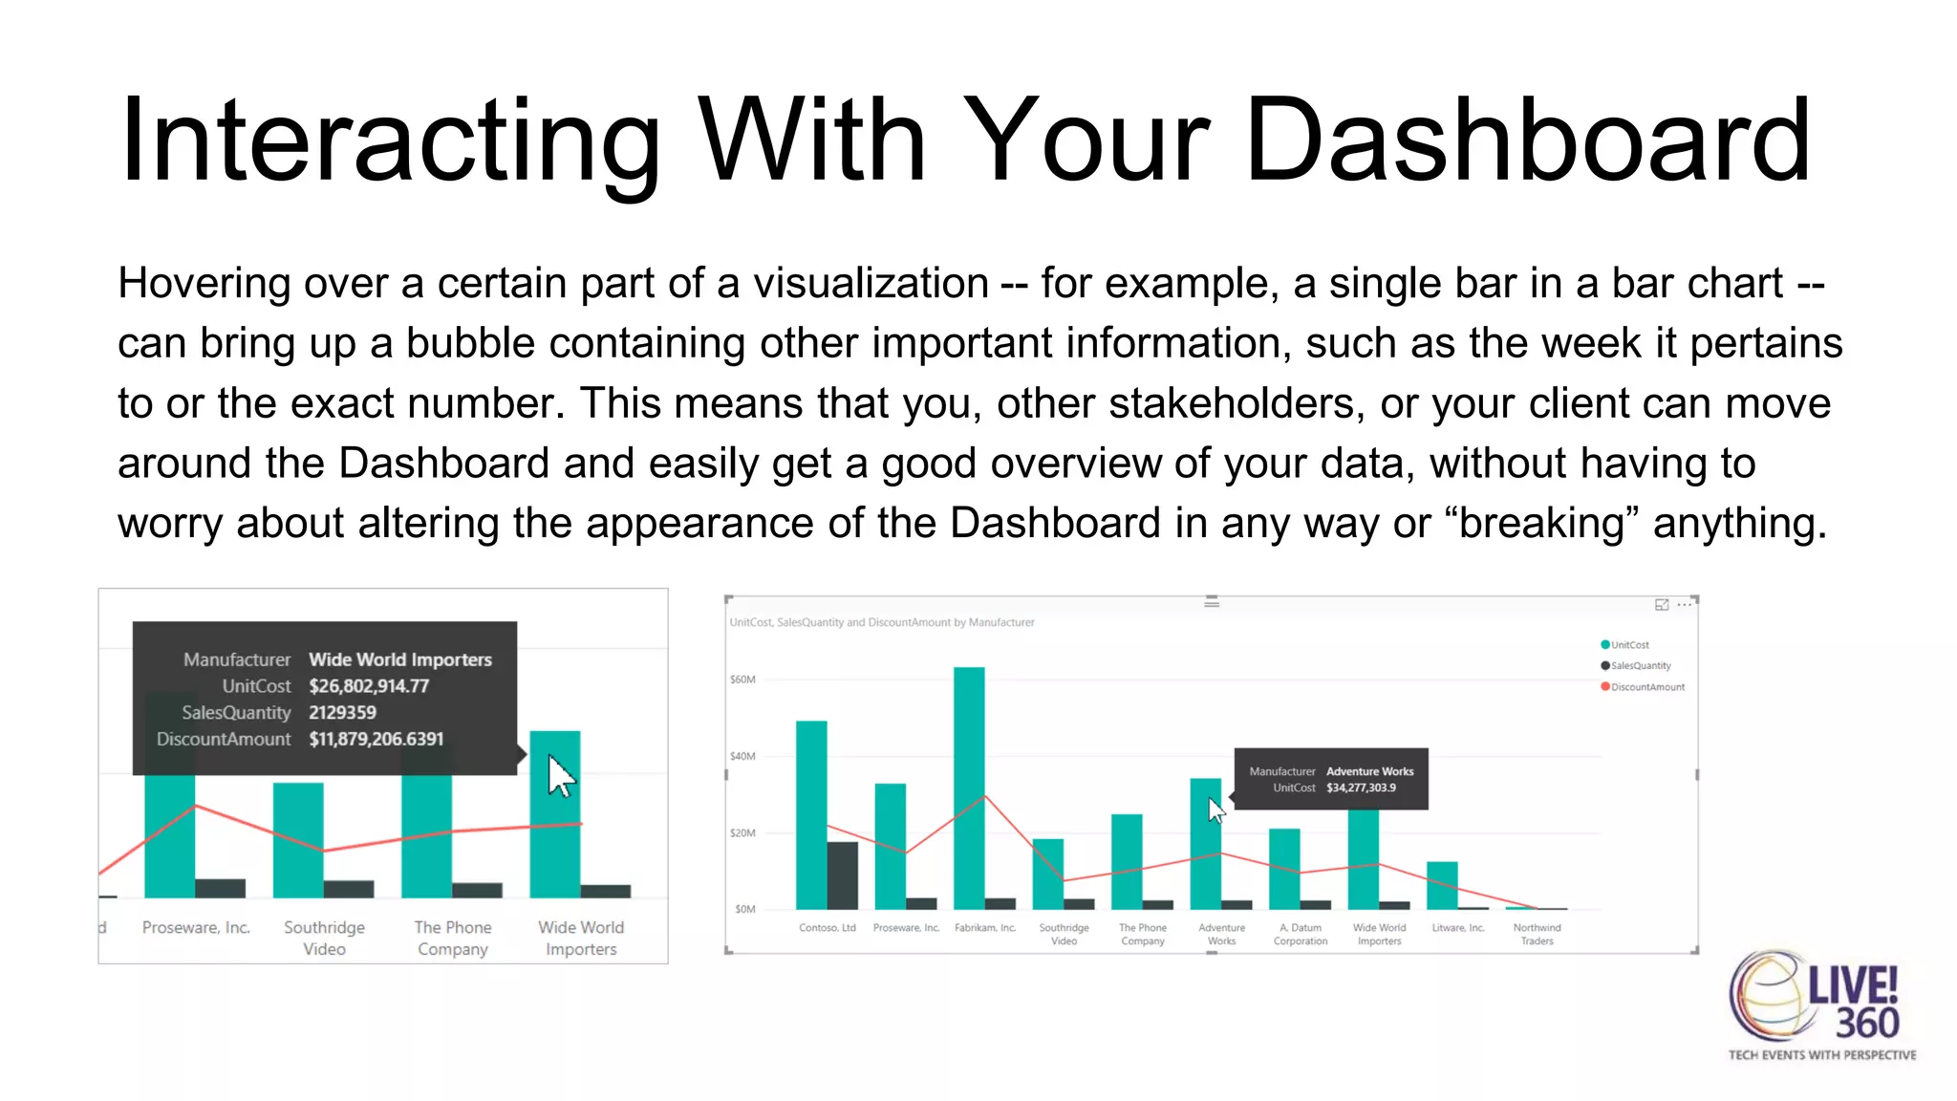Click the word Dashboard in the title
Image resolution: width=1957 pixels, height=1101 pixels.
click(x=1526, y=140)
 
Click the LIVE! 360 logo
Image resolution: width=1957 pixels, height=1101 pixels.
click(x=1820, y=1004)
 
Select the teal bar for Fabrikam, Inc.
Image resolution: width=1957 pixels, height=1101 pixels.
click(x=969, y=788)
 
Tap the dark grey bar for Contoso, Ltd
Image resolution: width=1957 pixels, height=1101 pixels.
click(x=842, y=874)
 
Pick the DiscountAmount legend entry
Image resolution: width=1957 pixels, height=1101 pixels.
click(x=1646, y=687)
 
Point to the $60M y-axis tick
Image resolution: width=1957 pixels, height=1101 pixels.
click(x=742, y=680)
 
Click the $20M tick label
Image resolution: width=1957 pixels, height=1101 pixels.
click(x=742, y=833)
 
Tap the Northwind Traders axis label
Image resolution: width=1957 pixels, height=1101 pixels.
click(x=1537, y=934)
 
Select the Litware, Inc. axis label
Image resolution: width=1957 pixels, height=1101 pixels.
click(x=1458, y=928)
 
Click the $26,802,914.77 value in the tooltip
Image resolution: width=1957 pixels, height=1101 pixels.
click(x=369, y=686)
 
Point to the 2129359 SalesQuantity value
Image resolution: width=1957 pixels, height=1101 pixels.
click(x=342, y=713)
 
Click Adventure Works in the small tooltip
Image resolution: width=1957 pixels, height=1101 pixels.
click(x=1369, y=771)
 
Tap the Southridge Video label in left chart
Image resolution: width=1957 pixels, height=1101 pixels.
click(x=324, y=938)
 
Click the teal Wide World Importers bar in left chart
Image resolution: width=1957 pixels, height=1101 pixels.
click(x=554, y=841)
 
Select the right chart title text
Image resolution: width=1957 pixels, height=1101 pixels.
click(x=881, y=622)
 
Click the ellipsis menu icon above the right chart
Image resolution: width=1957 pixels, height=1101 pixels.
click(x=1685, y=605)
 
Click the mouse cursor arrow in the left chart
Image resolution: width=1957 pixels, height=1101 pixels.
click(x=560, y=775)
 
